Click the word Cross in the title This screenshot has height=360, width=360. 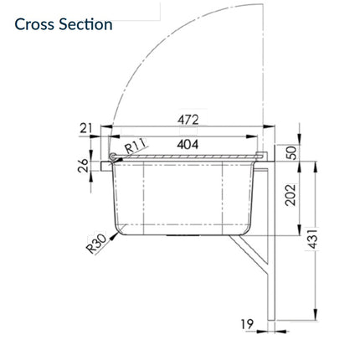coord(34,24)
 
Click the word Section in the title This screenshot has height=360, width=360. coord(85,24)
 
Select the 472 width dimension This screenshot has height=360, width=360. coord(188,120)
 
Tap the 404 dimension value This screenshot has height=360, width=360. coord(188,144)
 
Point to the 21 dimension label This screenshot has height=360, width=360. coord(85,128)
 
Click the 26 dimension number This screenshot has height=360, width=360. coord(83,166)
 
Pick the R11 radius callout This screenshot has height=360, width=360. coord(136,146)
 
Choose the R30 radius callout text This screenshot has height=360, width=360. coord(96,244)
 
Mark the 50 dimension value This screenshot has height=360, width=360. coord(292,152)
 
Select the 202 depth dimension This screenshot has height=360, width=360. coord(291,195)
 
